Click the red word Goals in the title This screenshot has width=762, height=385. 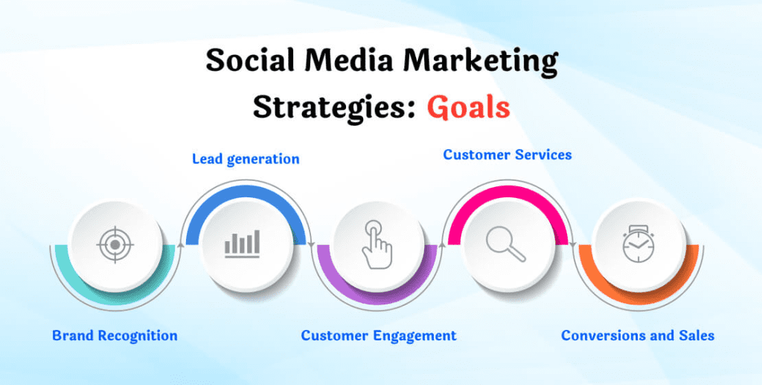[469, 108]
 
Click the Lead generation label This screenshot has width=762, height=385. [246, 159]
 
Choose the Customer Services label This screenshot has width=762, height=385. [508, 155]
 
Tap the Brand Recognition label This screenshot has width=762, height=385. [115, 335]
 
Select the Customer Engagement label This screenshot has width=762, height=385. [379, 335]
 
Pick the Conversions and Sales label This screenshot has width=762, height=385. [638, 335]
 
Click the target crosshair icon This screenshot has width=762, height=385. [115, 244]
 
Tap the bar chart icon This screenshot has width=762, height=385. [242, 244]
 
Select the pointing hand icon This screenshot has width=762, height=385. [376, 244]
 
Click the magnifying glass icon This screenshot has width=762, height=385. [505, 244]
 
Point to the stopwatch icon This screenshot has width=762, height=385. [638, 244]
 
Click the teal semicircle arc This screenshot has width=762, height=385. [115, 298]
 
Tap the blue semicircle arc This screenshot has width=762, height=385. [246, 192]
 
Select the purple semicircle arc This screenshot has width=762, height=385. [377, 298]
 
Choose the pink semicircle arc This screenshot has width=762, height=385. [508, 192]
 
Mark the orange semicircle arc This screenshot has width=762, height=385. [638, 298]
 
